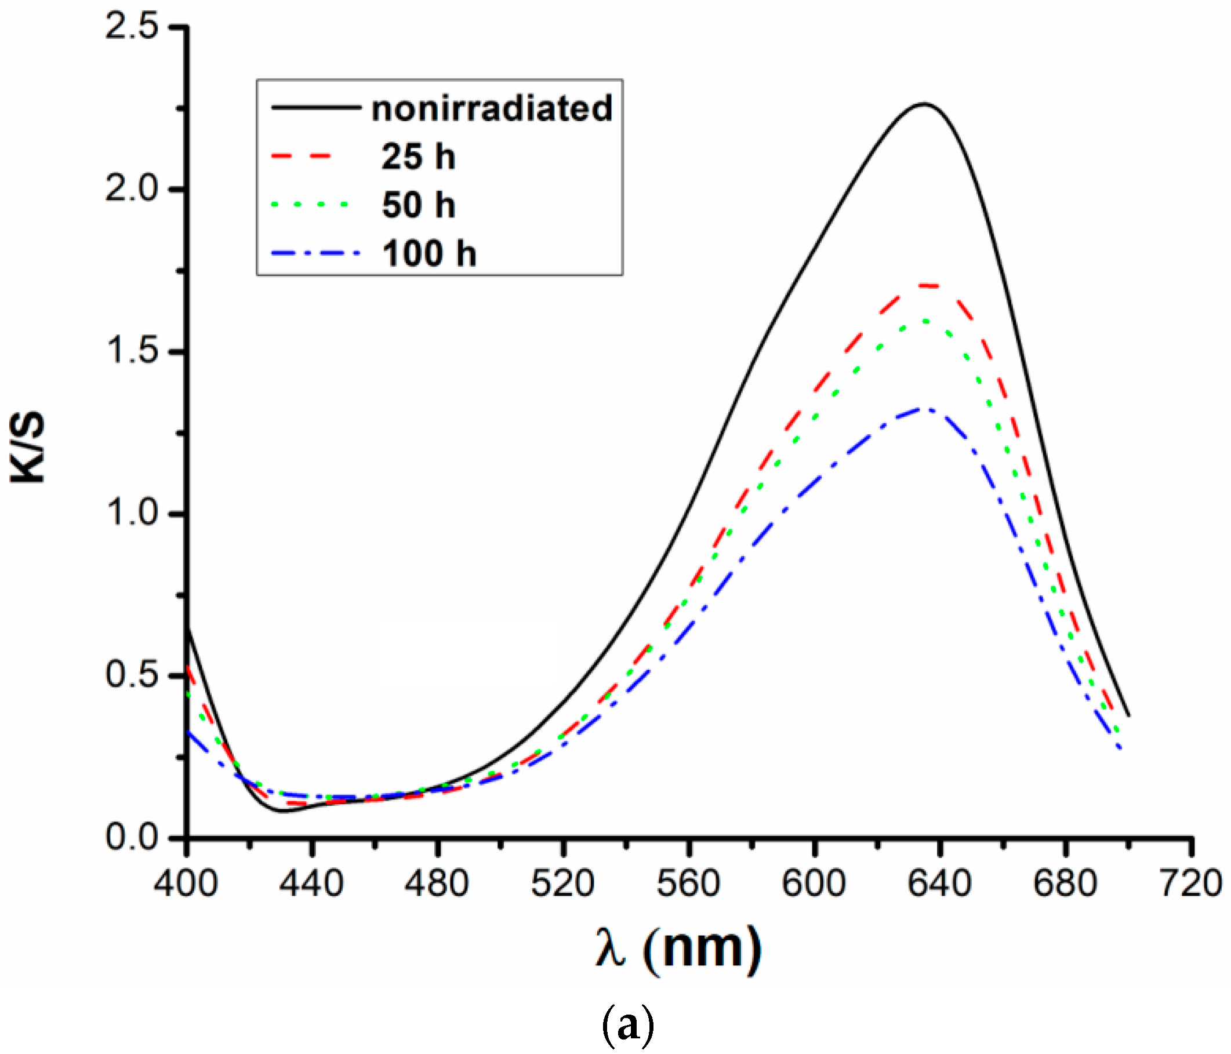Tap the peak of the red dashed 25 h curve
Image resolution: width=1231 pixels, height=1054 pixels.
[927, 285]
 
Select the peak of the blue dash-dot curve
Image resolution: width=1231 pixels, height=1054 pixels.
[925, 409]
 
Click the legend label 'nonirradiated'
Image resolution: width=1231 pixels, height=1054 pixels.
[491, 108]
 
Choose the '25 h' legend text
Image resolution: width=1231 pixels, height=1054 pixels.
[418, 157]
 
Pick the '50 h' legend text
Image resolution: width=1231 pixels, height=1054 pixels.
[418, 205]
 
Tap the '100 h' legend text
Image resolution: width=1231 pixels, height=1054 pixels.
[429, 254]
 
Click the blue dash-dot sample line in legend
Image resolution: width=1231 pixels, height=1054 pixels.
[315, 254]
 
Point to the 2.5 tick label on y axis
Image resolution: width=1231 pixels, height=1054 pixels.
[132, 27]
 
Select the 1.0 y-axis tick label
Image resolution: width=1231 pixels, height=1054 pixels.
[132, 513]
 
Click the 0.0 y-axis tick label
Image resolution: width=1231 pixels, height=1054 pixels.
[132, 837]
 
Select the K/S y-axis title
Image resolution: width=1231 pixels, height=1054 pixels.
[27, 447]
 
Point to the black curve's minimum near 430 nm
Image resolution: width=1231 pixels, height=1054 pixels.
[284, 811]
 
